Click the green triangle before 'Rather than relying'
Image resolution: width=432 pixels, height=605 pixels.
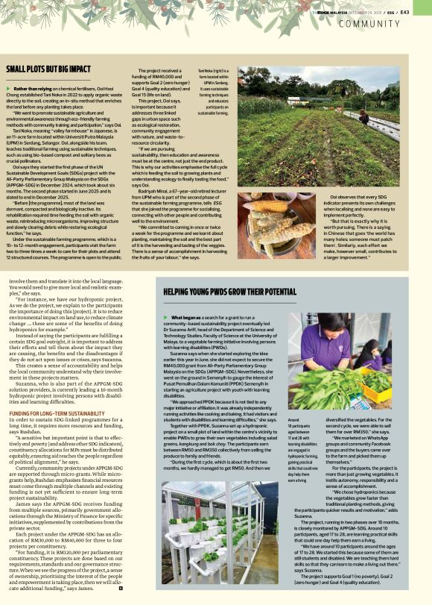pyautogui.click(x=9, y=89)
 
